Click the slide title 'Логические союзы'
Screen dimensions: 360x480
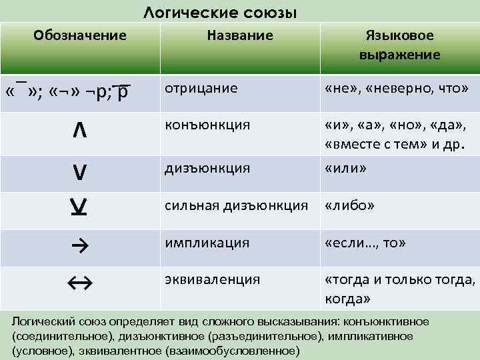221,13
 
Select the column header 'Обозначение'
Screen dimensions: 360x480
80,35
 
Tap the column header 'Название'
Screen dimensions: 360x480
240,35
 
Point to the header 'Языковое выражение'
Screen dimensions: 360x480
400,45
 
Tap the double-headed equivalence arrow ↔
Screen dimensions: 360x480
79,284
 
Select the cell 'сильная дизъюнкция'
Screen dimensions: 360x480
237,206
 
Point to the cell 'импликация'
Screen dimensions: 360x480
207,243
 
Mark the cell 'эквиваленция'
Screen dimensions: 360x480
213,279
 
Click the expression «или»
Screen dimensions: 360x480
345,169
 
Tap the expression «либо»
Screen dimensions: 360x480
349,206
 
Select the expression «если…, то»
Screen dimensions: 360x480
365,243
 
